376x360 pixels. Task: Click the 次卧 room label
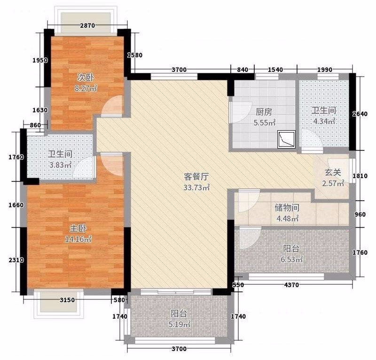click(x=86, y=78)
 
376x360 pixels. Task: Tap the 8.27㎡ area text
click(x=86, y=88)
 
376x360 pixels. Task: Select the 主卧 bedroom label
click(x=78, y=228)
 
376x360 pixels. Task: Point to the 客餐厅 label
click(x=196, y=177)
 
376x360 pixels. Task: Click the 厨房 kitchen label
click(x=264, y=112)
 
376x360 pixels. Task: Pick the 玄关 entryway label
click(x=333, y=172)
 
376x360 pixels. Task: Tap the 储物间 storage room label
click(x=287, y=207)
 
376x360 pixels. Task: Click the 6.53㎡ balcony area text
click(x=292, y=259)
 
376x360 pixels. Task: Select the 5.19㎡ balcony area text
click(x=180, y=324)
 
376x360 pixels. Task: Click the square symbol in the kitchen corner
click(x=286, y=139)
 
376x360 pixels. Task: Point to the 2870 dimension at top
click(x=87, y=25)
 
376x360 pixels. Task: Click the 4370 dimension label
click(x=291, y=285)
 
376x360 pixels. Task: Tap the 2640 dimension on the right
click(x=360, y=114)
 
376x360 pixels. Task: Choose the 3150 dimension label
click(x=67, y=300)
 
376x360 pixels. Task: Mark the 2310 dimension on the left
click(x=16, y=260)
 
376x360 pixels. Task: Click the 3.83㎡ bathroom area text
click(x=60, y=165)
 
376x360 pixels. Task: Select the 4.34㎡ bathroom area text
click(x=324, y=121)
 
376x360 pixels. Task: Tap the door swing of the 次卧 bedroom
click(x=112, y=106)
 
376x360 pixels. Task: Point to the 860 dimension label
click(x=36, y=125)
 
